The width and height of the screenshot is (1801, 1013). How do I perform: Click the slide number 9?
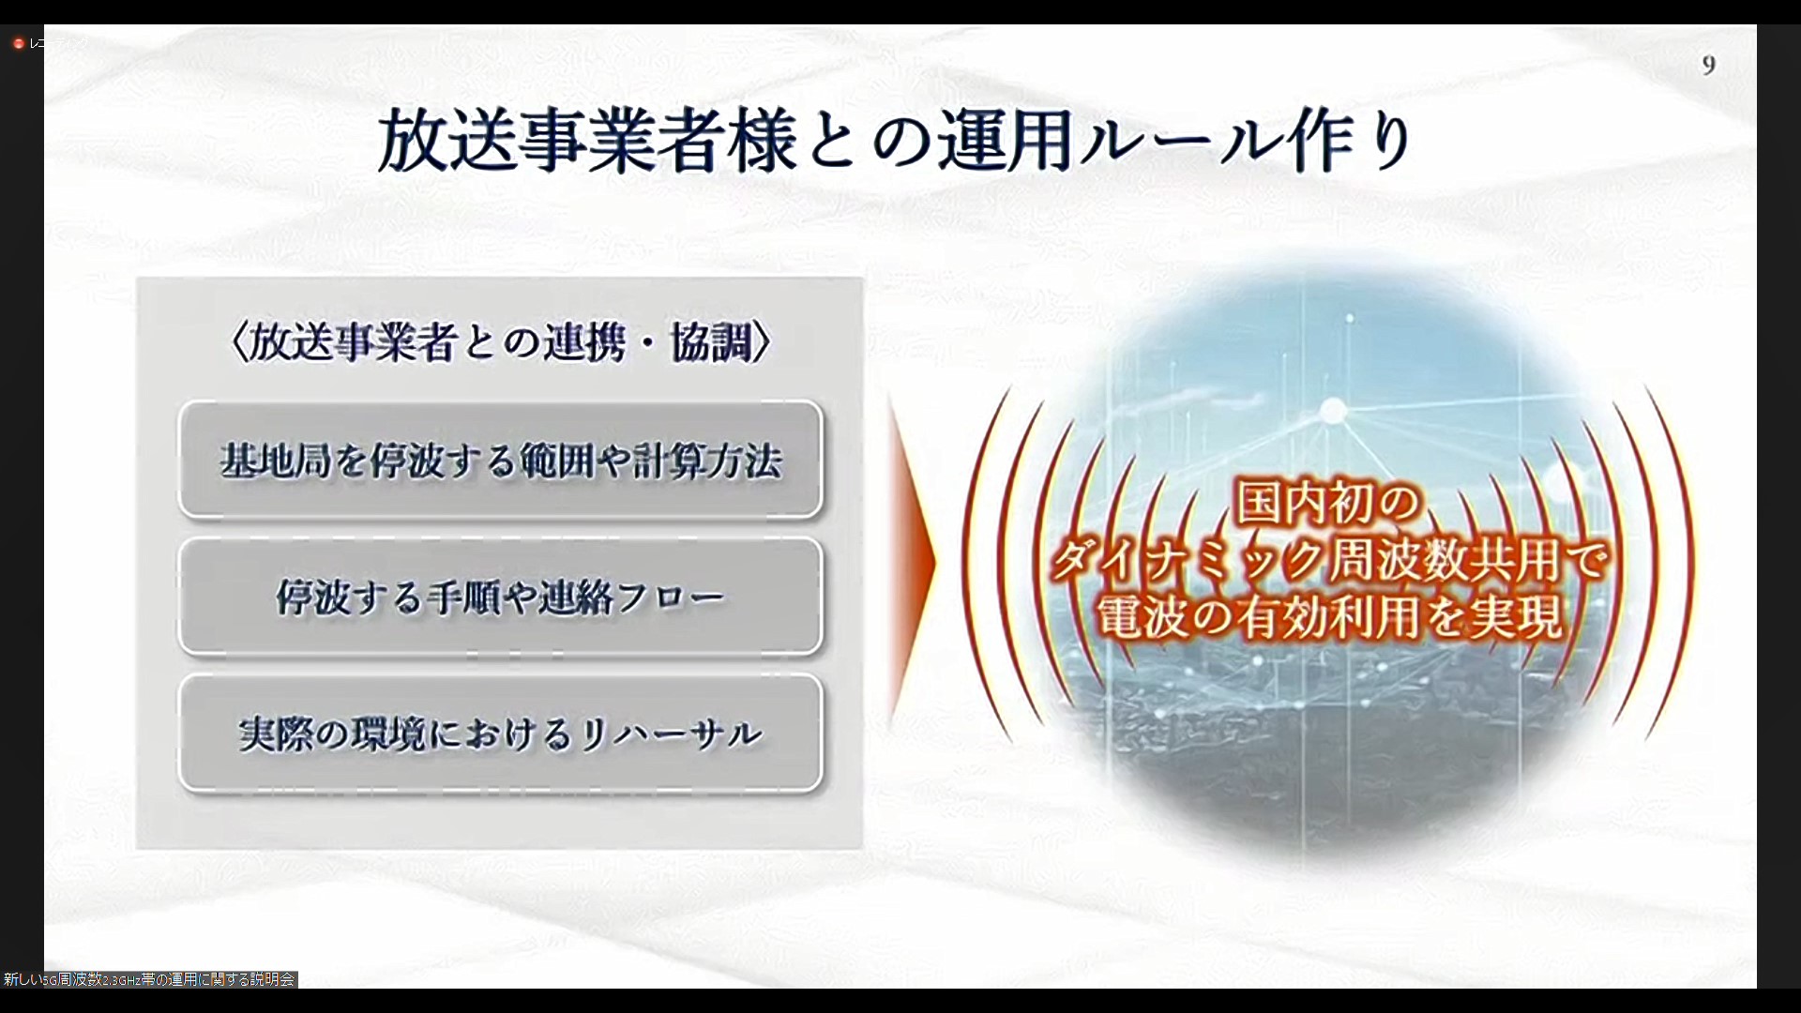pyautogui.click(x=1708, y=65)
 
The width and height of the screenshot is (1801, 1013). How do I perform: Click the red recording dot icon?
pyautogui.click(x=18, y=43)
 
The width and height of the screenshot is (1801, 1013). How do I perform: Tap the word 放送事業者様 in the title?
pyautogui.click(x=588, y=142)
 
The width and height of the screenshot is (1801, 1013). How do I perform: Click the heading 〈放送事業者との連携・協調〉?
pyautogui.click(x=500, y=343)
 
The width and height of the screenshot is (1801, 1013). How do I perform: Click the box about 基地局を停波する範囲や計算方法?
pyautogui.click(x=500, y=460)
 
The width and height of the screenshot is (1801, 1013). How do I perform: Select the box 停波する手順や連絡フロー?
pyautogui.click(x=500, y=597)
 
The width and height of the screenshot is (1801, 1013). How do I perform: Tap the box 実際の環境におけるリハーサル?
pyautogui.click(x=500, y=733)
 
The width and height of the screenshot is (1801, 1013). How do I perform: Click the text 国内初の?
pyautogui.click(x=1330, y=503)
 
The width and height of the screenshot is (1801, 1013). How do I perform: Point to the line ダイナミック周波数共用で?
pyautogui.click(x=1330, y=561)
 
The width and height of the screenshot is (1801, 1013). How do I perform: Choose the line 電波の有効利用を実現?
pyautogui.click(x=1330, y=617)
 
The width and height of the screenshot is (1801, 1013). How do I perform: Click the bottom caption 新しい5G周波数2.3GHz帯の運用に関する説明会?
pyautogui.click(x=149, y=979)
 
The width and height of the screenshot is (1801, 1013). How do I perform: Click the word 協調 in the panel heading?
pyautogui.click(x=710, y=343)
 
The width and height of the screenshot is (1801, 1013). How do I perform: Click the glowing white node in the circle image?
pyautogui.click(x=1332, y=411)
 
